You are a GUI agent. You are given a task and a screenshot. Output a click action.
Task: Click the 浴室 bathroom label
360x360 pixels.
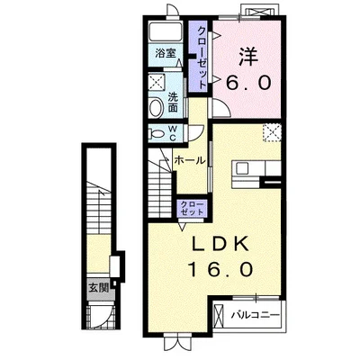coord(165,54)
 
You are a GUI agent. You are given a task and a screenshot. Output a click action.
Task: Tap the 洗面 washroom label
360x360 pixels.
coord(173,103)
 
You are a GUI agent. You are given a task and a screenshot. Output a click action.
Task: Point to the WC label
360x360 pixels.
coord(173,133)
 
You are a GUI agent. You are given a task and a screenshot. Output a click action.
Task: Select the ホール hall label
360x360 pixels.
coord(190,160)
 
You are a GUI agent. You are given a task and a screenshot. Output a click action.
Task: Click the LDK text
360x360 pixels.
coord(220,244)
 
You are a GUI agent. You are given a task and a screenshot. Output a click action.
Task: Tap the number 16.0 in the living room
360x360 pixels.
coord(220,268)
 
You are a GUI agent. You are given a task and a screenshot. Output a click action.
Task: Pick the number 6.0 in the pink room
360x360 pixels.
coord(248,82)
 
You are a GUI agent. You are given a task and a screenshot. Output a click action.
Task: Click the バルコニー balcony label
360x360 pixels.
coord(255,315)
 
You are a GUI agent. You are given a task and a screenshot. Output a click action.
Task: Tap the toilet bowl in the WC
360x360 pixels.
coord(156,133)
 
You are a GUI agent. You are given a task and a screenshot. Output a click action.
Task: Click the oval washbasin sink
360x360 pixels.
coord(157,108)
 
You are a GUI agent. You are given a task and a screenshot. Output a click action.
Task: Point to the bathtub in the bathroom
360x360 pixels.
coord(166,31)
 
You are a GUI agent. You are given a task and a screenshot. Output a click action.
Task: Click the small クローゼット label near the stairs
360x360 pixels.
coord(192,208)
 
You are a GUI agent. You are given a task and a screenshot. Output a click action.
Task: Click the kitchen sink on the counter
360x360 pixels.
coord(242,168)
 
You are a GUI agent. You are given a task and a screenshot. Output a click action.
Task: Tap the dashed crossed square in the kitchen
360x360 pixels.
coord(272,132)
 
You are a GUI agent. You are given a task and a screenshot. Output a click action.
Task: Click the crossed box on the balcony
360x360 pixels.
coord(218,316)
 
